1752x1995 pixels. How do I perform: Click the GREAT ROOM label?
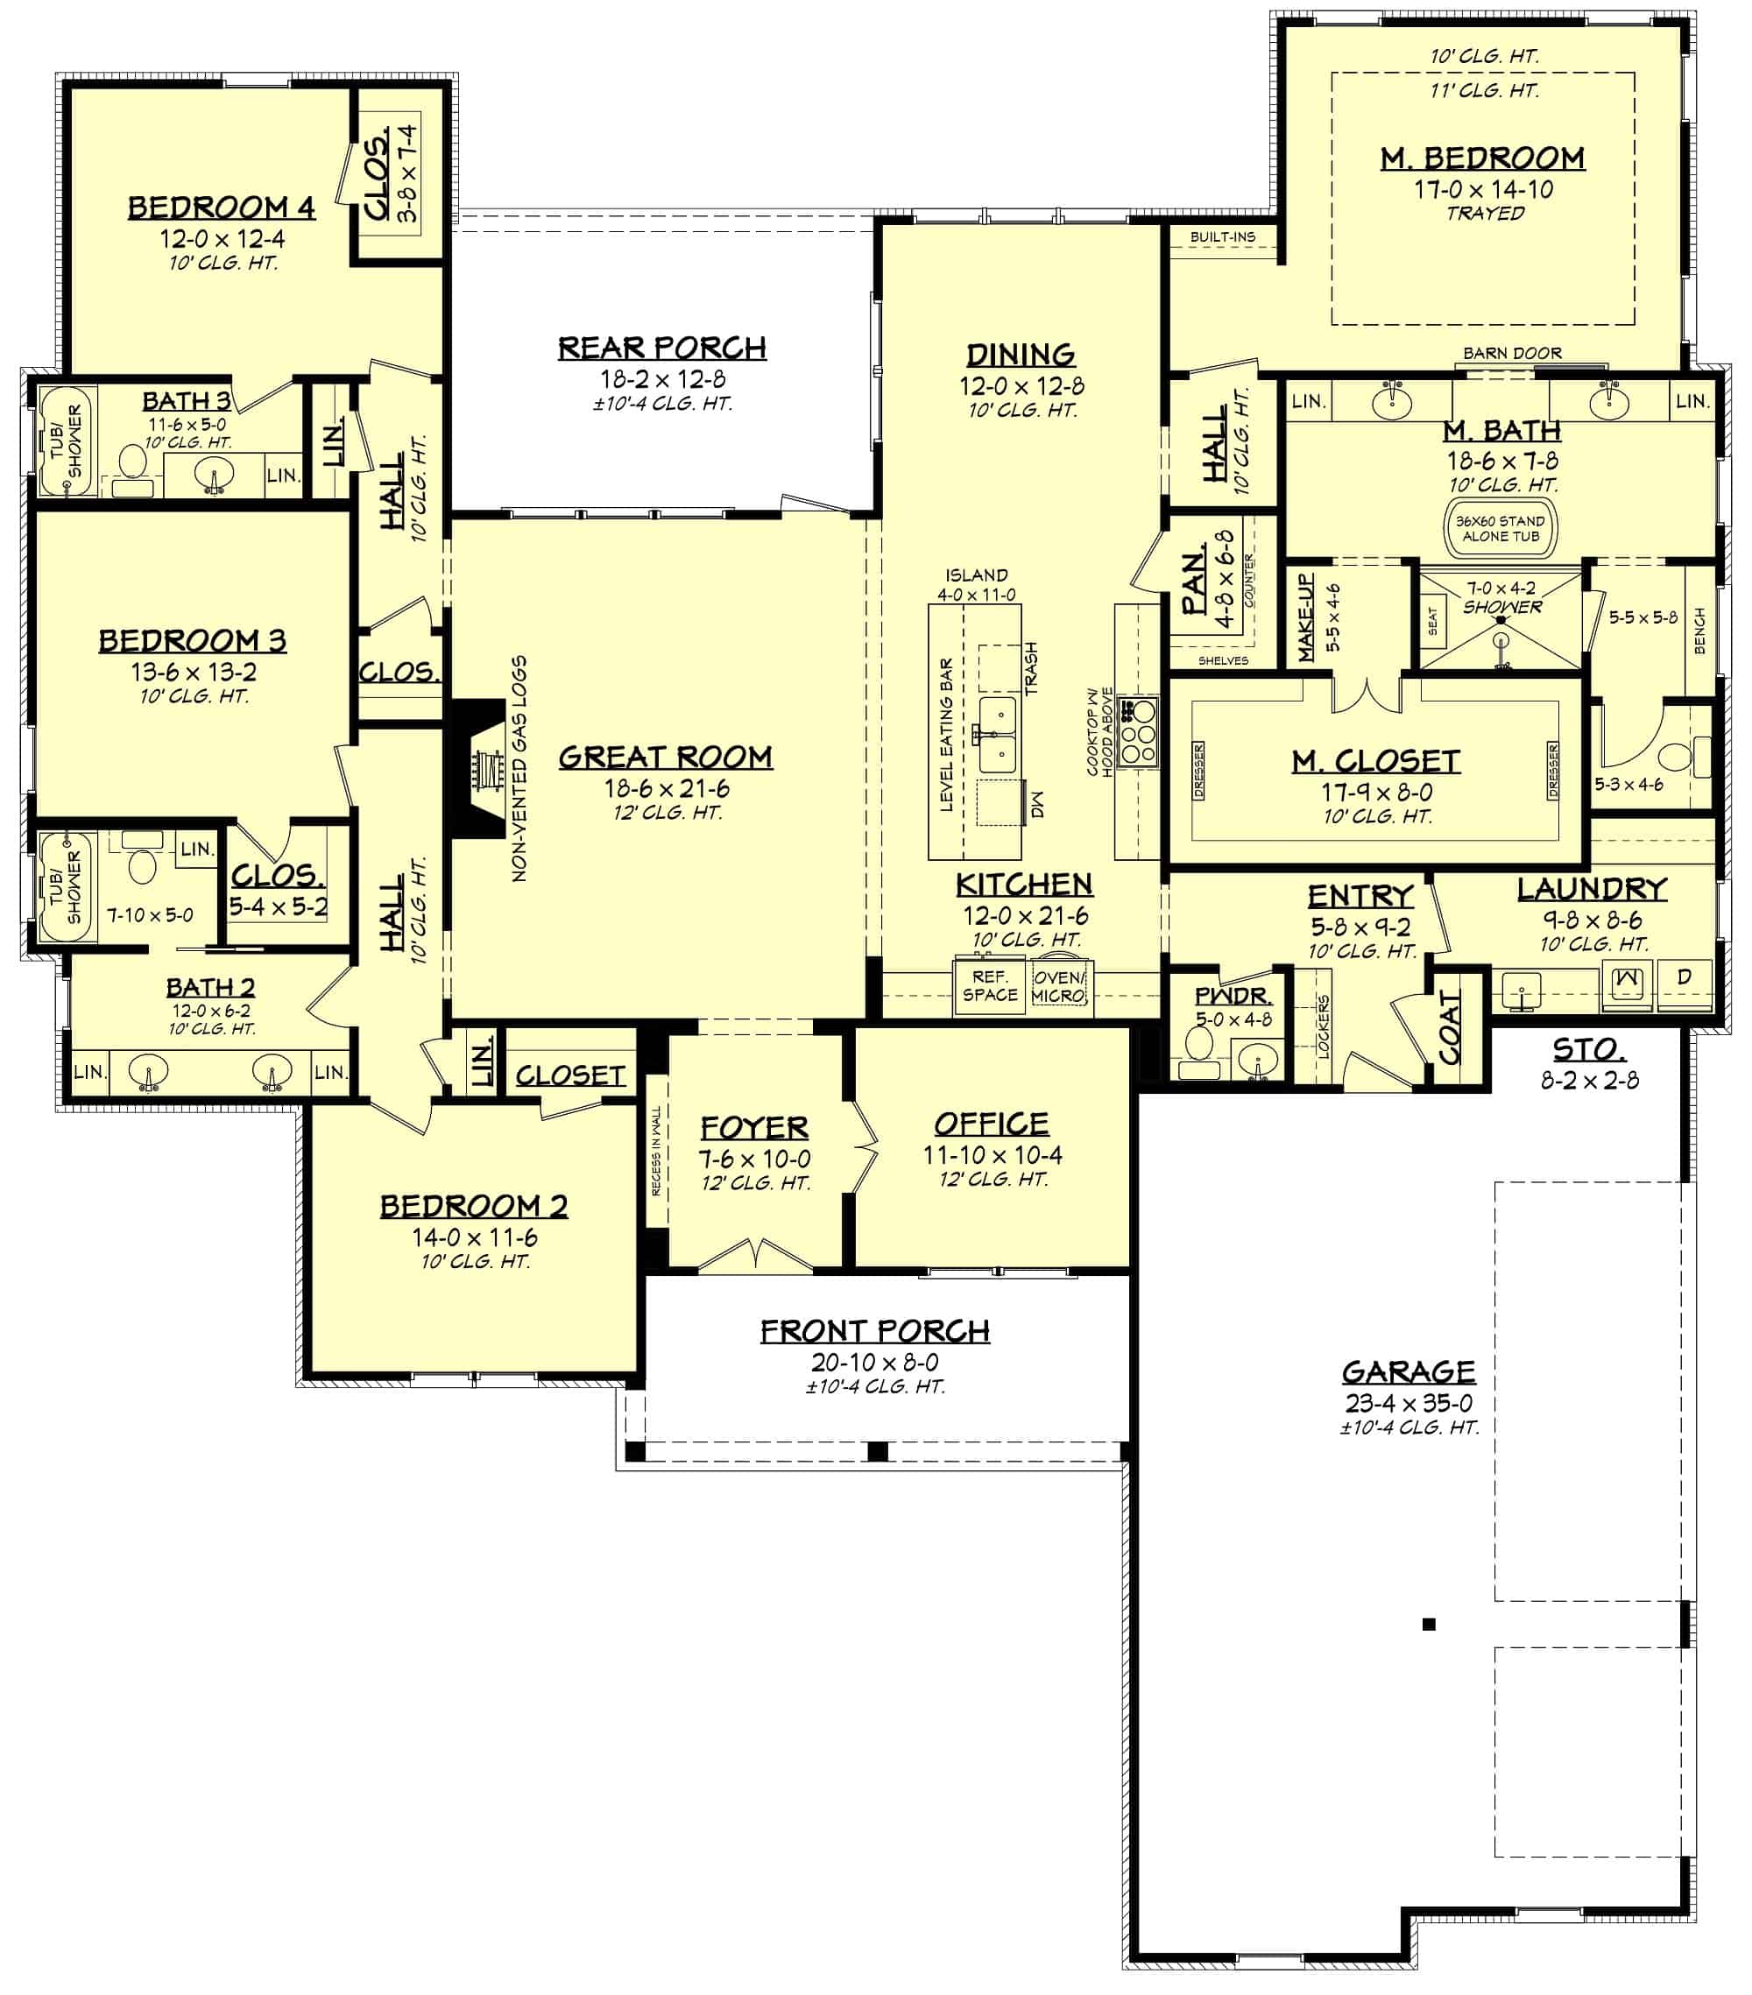coord(665,758)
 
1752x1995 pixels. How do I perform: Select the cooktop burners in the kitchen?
coord(1137,731)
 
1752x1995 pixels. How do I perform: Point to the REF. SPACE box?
coord(989,986)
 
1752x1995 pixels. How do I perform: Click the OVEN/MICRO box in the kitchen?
coord(1058,986)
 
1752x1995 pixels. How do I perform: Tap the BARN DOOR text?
coord(1511,353)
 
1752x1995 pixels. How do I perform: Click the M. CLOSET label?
coord(1375,761)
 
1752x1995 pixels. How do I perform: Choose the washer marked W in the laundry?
coord(1626,979)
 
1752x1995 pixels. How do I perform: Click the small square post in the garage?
coord(1428,1624)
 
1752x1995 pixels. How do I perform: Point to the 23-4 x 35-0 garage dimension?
coord(1409,1404)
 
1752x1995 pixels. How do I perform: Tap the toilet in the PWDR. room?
coord(1197,1050)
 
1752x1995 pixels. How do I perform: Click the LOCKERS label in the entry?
coord(1324,1026)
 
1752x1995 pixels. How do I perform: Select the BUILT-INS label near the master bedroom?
coord(1222,237)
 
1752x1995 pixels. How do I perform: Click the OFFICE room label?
coord(991,1124)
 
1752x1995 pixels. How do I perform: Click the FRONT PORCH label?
coord(874,1331)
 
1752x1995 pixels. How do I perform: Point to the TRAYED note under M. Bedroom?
coord(1485,213)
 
